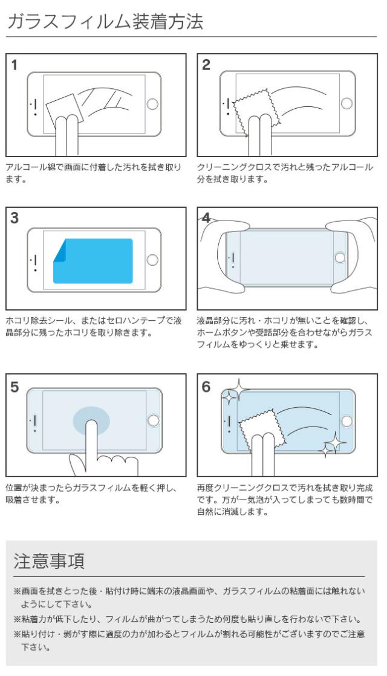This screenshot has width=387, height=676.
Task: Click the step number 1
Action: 14,65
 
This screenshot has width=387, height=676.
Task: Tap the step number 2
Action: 207,65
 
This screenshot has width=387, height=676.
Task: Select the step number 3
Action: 14,219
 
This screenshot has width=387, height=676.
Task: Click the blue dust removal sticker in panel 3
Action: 97,261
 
